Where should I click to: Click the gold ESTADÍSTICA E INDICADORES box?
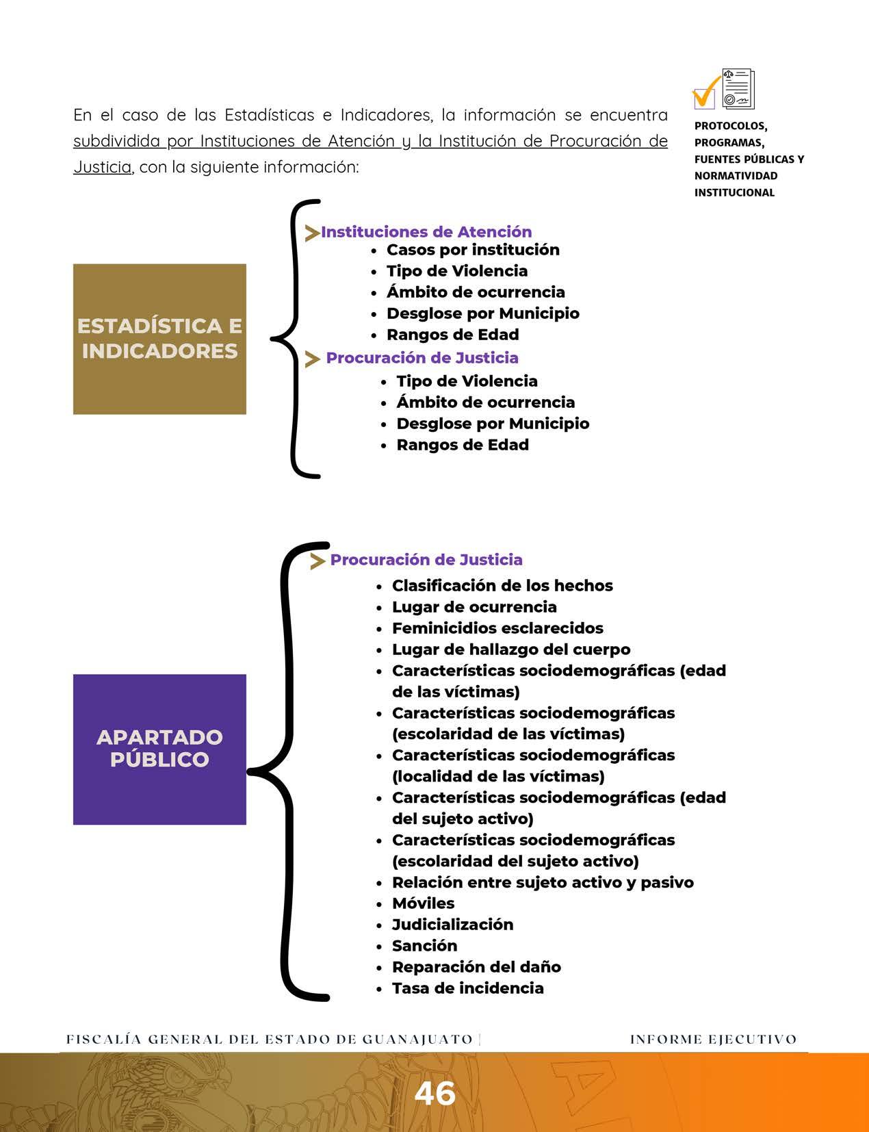point(159,339)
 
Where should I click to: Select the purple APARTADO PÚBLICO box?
point(159,749)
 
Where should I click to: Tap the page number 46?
point(434,1093)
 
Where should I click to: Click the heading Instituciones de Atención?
point(426,232)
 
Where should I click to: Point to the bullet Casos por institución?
point(473,250)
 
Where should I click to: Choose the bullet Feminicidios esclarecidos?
point(497,628)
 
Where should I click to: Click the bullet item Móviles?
point(423,903)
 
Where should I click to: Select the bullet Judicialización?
point(452,925)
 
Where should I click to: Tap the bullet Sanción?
point(424,946)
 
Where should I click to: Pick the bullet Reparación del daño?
point(476,967)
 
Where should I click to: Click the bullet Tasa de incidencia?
point(467,988)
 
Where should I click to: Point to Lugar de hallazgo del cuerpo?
point(511,649)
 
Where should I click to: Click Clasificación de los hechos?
point(502,586)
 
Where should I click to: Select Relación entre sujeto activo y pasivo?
point(543,882)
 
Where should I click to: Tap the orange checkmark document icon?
point(723,90)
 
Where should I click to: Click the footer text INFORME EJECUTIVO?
point(713,1040)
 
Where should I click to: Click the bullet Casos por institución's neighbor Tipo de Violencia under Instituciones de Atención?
point(457,271)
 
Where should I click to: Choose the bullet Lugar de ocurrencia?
point(474,607)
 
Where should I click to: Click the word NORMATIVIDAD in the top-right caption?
point(736,176)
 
